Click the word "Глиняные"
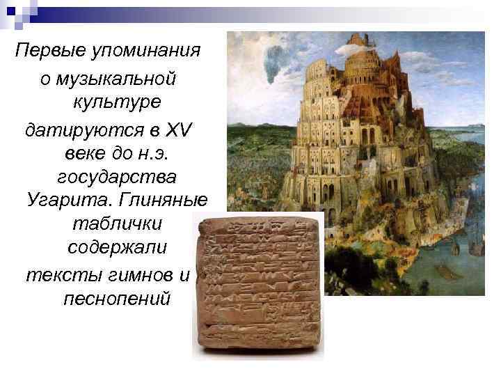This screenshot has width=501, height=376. coord(164,200)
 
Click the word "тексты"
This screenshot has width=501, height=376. coord(58,273)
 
